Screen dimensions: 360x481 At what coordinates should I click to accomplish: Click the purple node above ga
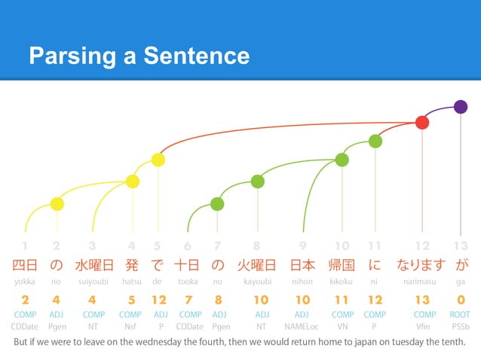tap(461, 106)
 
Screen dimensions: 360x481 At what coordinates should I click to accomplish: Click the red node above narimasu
tap(422, 122)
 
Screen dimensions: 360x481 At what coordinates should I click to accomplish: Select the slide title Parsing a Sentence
tap(139, 55)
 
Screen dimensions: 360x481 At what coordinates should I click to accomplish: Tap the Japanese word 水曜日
tap(93, 265)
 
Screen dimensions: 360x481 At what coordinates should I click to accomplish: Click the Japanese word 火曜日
tap(256, 265)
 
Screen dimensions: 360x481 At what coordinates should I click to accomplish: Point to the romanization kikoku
tap(342, 282)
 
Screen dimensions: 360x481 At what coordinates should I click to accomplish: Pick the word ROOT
tap(461, 314)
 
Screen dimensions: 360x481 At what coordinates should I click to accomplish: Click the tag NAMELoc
tap(302, 326)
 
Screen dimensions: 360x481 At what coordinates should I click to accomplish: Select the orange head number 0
tap(461, 300)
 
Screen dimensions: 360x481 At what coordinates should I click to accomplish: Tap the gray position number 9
tap(302, 246)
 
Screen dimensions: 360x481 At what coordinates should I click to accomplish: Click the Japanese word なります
tap(422, 265)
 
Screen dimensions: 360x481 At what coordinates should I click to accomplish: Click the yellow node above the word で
tap(158, 160)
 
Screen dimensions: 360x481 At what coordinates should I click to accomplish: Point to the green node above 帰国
tap(342, 160)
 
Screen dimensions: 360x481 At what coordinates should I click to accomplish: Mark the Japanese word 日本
tap(302, 265)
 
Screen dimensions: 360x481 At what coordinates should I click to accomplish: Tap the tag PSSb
tap(461, 326)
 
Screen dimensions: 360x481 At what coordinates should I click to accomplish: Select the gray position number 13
tap(461, 246)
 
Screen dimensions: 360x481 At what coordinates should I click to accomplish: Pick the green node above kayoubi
tap(257, 181)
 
